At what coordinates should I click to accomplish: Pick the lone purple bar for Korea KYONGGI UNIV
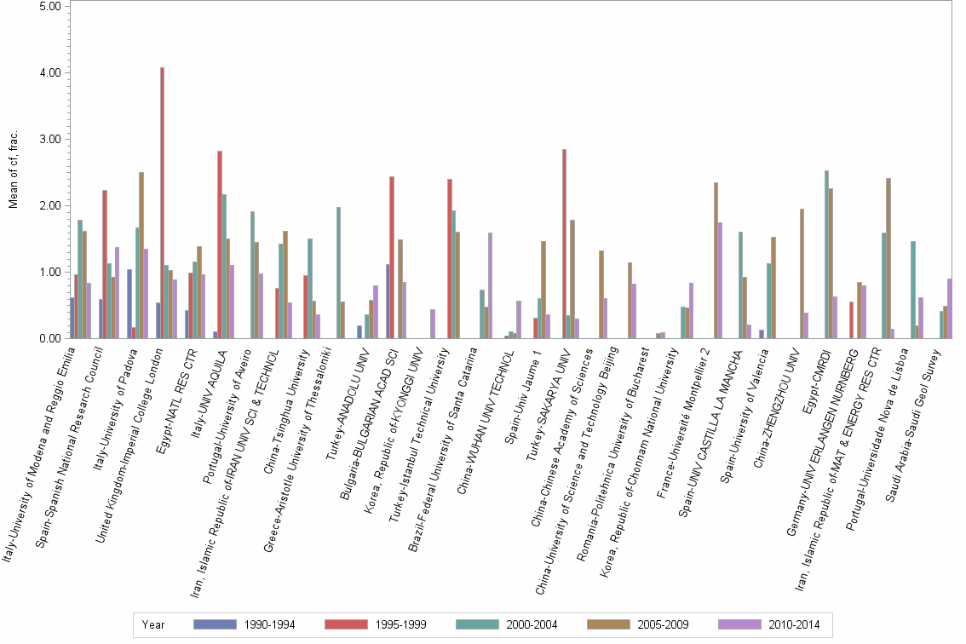pos(433,324)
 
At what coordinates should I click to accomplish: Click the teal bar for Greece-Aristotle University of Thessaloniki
pos(338,273)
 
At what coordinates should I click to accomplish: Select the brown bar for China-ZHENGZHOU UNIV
pos(802,273)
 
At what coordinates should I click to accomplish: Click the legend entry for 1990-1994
pos(244,624)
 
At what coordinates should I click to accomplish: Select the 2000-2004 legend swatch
pos(480,624)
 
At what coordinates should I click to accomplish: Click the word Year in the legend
pos(153,624)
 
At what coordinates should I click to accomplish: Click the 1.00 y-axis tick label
pos(49,272)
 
